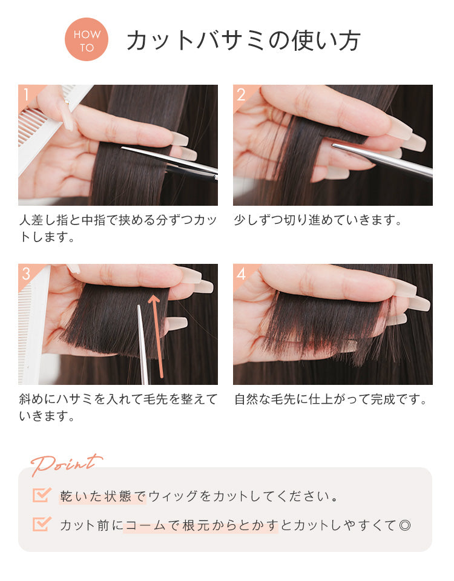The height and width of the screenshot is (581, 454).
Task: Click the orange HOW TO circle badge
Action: [87, 39]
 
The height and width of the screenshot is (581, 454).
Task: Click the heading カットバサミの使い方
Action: [243, 40]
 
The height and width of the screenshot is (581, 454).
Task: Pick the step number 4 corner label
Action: [242, 274]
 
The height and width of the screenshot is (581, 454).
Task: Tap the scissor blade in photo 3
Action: [143, 344]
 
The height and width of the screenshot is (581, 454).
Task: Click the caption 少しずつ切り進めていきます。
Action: [318, 220]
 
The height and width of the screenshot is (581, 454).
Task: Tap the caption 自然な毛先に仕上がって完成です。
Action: [331, 399]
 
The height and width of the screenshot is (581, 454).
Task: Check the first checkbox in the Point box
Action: [42, 494]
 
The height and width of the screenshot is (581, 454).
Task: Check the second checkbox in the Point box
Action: [42, 524]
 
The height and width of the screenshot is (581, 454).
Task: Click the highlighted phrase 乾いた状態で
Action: [102, 496]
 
